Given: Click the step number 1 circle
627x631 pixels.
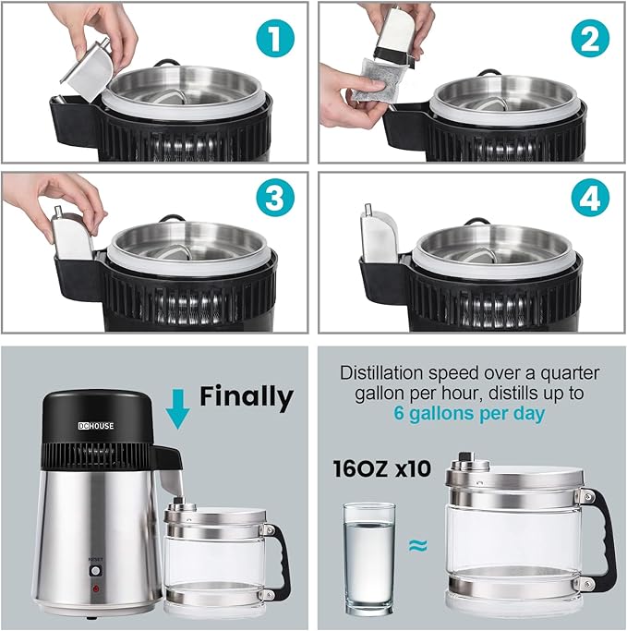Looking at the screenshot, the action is coord(275,38).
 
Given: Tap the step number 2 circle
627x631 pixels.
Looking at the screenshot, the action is coord(590,38).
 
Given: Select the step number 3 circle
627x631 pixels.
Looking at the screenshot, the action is coord(275,198).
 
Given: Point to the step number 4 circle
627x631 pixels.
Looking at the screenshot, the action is coord(590,198).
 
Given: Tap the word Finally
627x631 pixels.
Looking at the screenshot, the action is coord(247,396).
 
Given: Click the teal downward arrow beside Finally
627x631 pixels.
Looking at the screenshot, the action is coord(177,409).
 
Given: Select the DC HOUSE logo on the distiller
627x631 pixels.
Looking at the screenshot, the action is coord(96,426).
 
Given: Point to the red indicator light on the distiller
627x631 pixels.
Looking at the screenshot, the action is coord(96,589).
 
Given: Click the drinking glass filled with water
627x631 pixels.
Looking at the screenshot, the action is coord(369,559).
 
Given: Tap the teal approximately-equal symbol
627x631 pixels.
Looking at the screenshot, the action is coord(418,546).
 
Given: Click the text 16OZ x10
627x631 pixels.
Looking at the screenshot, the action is coord(381,468).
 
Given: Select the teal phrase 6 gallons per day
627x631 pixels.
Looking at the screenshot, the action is coord(469,413).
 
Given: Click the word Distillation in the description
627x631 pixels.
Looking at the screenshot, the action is coord(381,372).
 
